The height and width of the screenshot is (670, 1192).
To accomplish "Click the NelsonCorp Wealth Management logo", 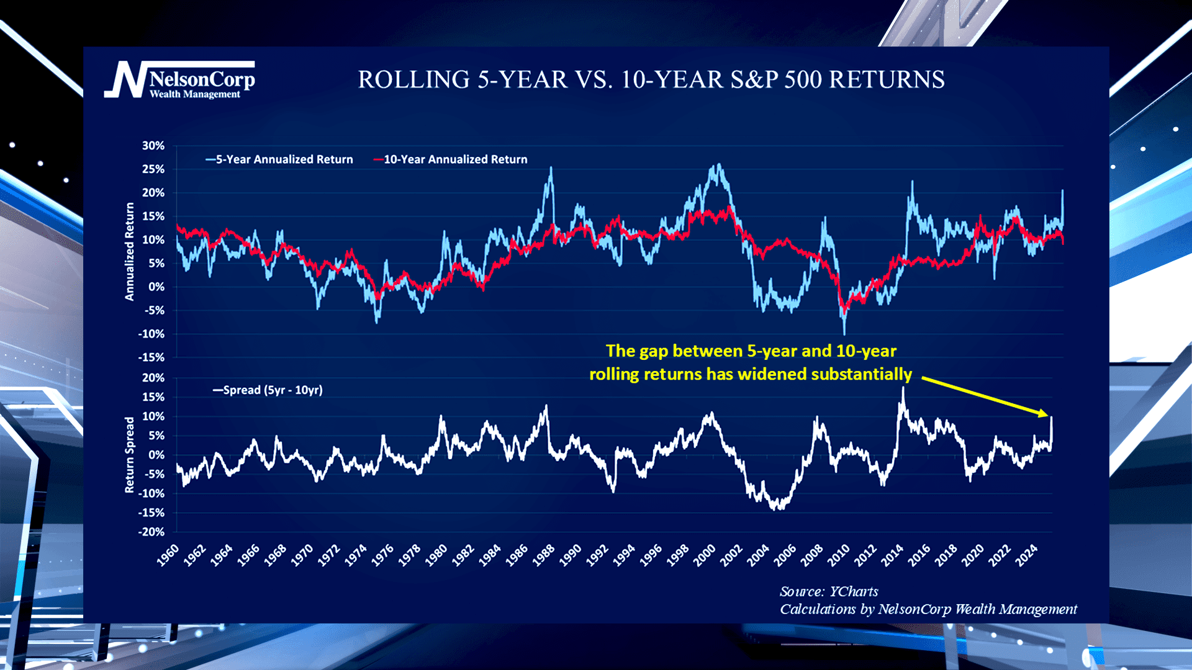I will [x=180, y=80].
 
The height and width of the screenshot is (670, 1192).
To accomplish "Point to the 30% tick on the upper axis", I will [x=153, y=146].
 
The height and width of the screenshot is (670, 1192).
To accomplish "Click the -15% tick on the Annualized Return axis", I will [x=151, y=357].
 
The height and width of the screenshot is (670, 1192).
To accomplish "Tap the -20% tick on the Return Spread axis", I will [x=151, y=532].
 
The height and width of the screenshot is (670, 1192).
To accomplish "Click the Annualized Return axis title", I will [x=130, y=251].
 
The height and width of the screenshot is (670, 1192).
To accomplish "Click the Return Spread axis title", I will [x=130, y=455].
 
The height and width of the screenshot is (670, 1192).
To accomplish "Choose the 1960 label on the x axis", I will [x=168, y=555].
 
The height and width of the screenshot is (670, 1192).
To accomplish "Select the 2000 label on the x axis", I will [x=705, y=555].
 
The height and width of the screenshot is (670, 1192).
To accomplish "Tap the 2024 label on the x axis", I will [x=1026, y=555].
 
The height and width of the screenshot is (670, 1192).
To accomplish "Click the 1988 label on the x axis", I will [x=544, y=555].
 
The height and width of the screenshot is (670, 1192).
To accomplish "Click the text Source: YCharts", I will [x=829, y=591].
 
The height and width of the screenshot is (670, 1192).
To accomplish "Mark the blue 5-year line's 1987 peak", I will [x=551, y=167].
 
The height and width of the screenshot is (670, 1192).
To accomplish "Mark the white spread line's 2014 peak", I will [x=903, y=388].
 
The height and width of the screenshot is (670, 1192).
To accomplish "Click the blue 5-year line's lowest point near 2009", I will [x=844, y=334].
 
